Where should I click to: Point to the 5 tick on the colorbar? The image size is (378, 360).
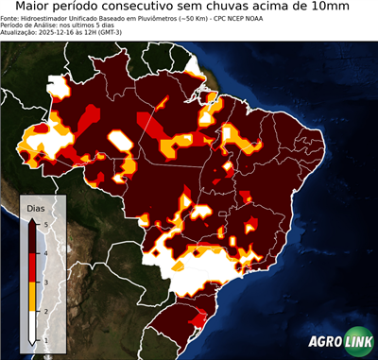(44, 223)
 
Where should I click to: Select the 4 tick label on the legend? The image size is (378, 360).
(44, 252)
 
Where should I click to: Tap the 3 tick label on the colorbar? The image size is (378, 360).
(44, 282)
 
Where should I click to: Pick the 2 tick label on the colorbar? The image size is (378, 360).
(44, 310)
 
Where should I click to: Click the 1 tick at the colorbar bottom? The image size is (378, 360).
(44, 339)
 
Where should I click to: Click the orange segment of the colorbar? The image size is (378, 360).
(33, 296)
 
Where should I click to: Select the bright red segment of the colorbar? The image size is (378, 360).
(33, 266)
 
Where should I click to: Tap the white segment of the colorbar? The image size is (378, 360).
(33, 325)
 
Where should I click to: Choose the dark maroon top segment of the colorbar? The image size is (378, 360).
(33, 237)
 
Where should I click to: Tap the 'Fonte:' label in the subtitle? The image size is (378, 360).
(11, 17)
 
